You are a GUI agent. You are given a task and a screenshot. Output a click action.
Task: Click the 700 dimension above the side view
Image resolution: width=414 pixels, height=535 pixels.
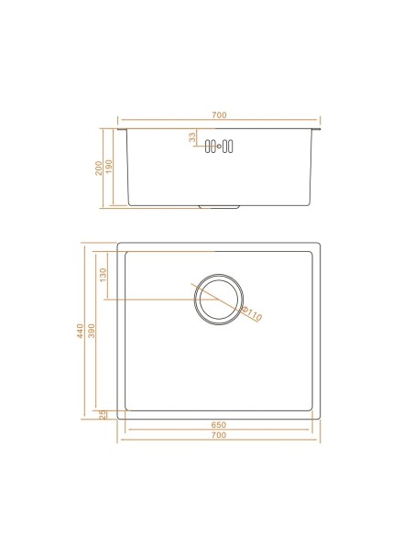(x=219, y=115)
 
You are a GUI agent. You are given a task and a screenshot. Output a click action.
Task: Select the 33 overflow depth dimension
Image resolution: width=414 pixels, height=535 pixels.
(x=192, y=137)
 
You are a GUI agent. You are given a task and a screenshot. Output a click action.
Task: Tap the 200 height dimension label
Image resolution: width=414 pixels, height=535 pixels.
(x=99, y=169)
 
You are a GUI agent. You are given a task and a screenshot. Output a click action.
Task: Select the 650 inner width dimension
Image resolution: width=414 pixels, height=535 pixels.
(x=219, y=426)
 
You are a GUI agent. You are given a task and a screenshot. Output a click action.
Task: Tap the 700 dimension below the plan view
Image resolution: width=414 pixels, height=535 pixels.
(x=219, y=436)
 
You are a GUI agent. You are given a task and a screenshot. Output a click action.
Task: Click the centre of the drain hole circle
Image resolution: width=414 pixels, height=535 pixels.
(x=219, y=299)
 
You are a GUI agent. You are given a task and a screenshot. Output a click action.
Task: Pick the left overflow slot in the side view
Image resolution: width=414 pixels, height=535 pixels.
(x=210, y=145)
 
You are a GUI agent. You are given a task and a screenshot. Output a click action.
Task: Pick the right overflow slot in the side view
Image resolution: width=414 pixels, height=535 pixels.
(x=229, y=145)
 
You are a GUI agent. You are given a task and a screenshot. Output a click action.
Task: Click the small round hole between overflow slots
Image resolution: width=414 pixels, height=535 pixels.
(x=220, y=145)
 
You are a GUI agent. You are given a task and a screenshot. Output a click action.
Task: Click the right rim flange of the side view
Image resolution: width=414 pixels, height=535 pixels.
(x=317, y=130)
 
